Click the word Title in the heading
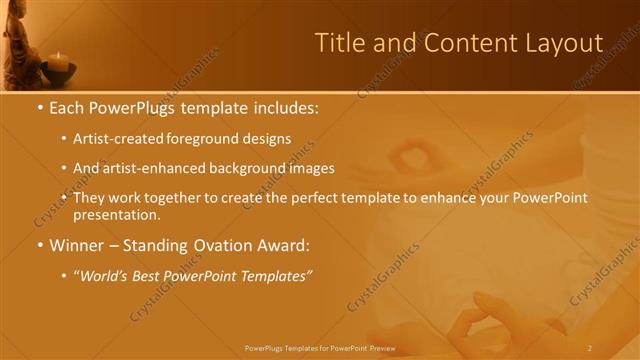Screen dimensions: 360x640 [x=337, y=43]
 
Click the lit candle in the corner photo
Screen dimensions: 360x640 [x=58, y=62]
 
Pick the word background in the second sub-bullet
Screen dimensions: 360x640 [x=243, y=168]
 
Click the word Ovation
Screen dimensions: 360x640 [x=216, y=244]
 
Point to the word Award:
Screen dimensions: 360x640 [x=281, y=244]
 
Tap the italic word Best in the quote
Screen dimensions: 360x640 [x=148, y=275]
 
